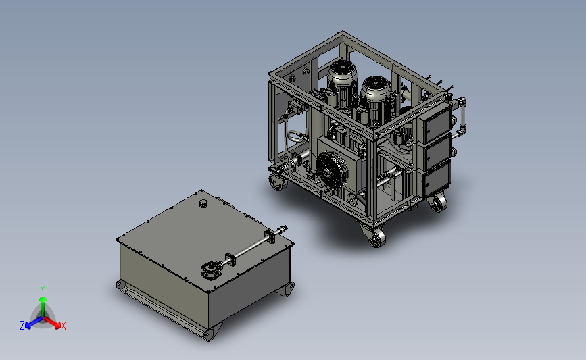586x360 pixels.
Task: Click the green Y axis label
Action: point(42,290)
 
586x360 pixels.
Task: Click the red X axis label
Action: point(63,326)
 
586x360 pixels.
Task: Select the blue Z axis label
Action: point(22,326)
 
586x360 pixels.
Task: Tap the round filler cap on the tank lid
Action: point(203,203)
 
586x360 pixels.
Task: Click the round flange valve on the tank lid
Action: point(210,270)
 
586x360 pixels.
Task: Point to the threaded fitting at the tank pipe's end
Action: point(283,228)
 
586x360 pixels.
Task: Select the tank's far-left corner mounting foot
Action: point(120,285)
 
